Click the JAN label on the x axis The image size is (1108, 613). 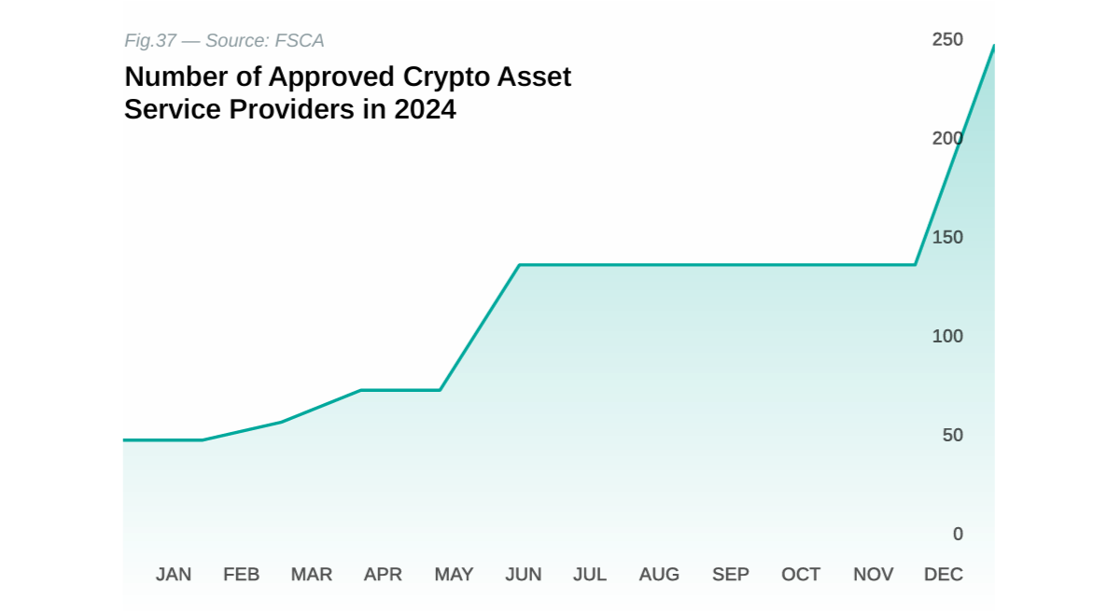pos(174,575)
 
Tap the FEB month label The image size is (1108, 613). pos(242,575)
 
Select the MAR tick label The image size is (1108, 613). pos(312,575)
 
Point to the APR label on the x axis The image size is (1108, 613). pos(383,575)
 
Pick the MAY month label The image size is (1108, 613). pos(454,575)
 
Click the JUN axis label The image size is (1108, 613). pos(524,575)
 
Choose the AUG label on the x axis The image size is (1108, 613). pos(659,575)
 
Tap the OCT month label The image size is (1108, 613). pos(801,575)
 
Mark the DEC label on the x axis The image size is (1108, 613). pos(944,575)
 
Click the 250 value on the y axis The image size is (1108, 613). pos(947,39)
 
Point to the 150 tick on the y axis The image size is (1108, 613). pos(947,237)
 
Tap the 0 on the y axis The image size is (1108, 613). pos(958,534)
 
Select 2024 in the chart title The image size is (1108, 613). pos(425,109)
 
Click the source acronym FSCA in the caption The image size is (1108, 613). pos(300,41)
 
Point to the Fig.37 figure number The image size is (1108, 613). pos(150,41)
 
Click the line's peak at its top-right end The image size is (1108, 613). pos(993,45)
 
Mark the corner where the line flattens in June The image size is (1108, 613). pos(520,265)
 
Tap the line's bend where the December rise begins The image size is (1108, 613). pos(915,265)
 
